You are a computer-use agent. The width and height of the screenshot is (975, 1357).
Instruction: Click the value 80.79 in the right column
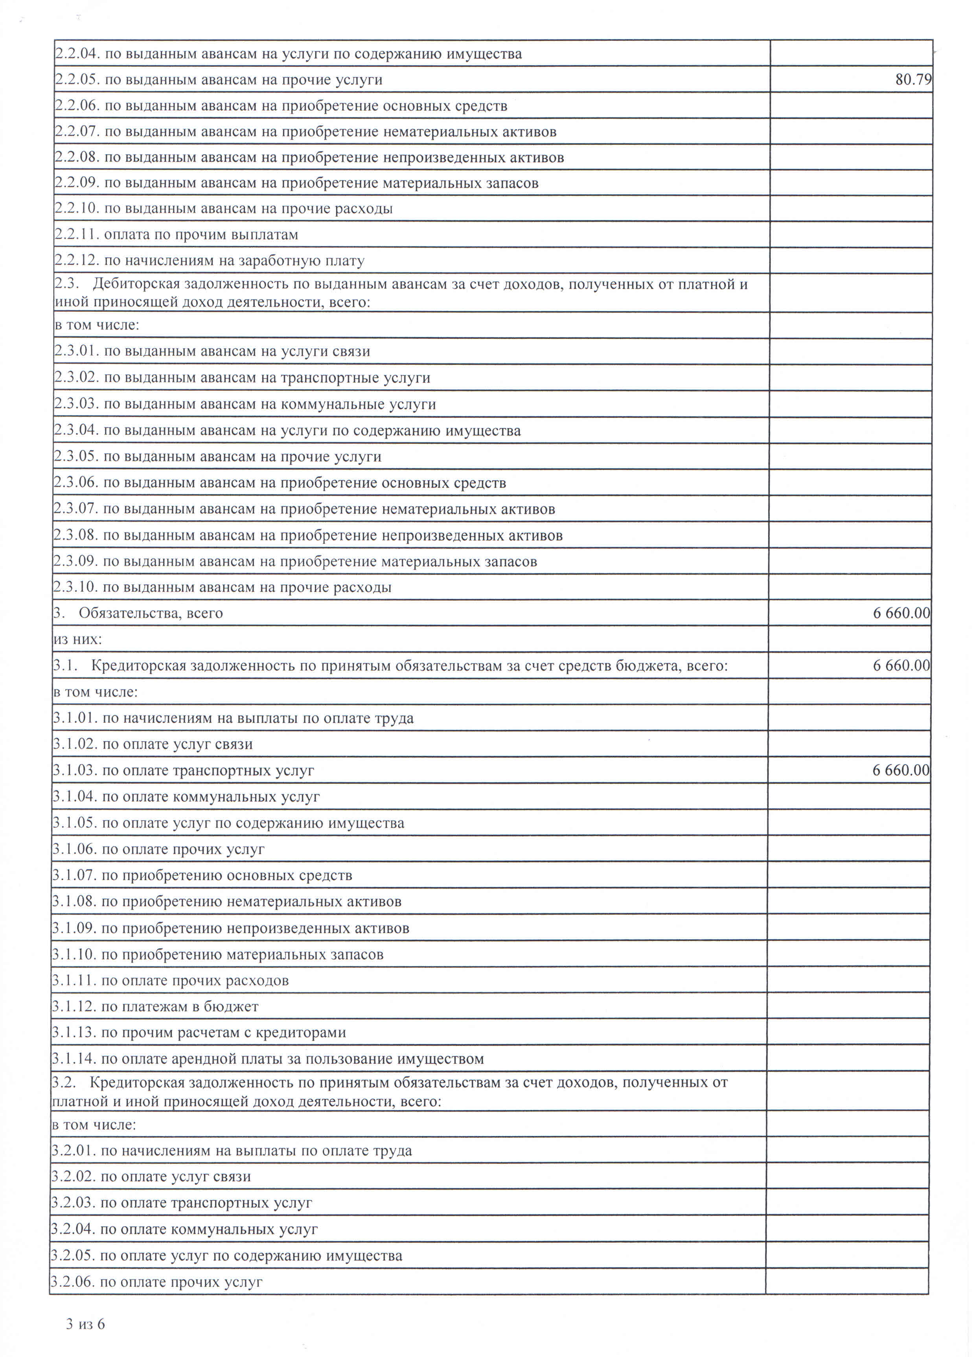(913, 79)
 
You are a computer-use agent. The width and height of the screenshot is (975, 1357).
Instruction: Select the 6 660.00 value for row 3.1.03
(901, 770)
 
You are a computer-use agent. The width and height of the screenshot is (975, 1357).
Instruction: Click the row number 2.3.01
(76, 351)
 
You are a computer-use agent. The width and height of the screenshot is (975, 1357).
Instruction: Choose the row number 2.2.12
(76, 261)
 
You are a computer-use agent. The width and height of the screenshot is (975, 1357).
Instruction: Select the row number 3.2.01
(74, 1151)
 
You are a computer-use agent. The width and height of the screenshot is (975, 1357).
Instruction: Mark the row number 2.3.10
(75, 587)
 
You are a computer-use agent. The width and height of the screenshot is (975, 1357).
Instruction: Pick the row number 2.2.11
(76, 235)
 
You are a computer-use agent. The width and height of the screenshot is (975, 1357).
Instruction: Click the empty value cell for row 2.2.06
(850, 106)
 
